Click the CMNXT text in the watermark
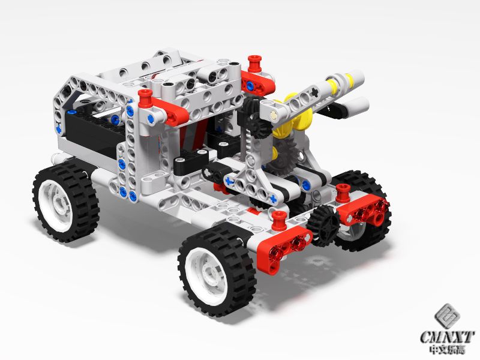[x=447, y=337]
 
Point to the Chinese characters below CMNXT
[x=447, y=349]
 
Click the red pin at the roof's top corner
[x=254, y=64]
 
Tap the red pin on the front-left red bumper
[x=278, y=220]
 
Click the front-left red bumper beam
[x=284, y=248]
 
